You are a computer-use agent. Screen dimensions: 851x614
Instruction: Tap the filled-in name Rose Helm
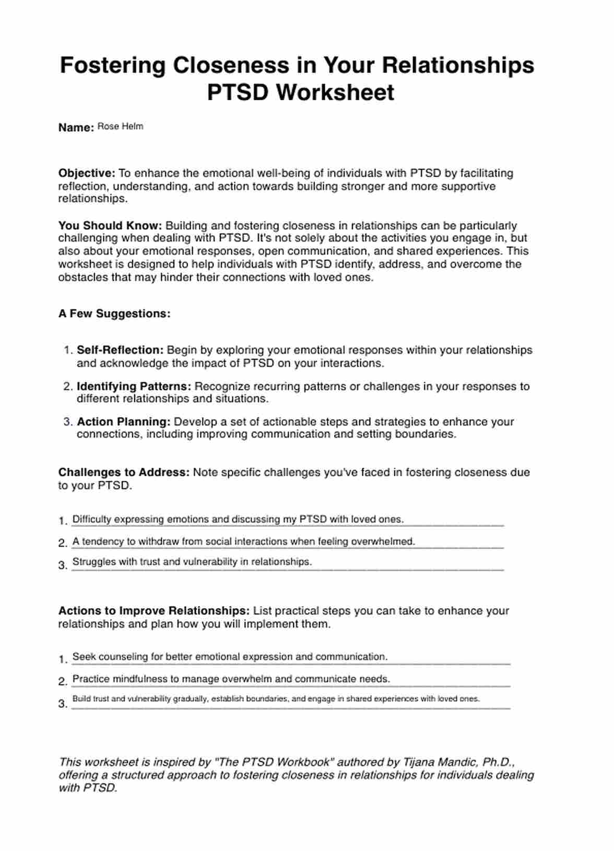[120, 126]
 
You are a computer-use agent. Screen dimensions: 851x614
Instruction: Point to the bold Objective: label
[87, 173]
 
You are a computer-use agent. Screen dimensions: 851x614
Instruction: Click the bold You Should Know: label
[110, 226]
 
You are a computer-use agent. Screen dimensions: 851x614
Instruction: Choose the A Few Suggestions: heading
[114, 314]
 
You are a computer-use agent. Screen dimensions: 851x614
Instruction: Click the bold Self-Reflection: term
[120, 350]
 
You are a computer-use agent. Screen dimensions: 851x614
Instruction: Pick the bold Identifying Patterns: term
[134, 387]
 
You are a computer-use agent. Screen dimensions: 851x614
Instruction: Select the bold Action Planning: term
[124, 422]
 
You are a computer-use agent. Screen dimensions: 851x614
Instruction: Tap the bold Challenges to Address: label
[124, 472]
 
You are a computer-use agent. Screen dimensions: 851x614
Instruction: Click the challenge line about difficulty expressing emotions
[238, 519]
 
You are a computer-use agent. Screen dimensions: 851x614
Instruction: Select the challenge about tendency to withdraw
[243, 541]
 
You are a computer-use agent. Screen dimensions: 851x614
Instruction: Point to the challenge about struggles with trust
[192, 562]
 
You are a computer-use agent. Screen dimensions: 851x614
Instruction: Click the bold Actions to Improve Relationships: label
[153, 611]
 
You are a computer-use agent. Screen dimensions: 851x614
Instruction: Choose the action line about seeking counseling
[230, 657]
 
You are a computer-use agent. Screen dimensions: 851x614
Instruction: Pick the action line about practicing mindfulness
[231, 679]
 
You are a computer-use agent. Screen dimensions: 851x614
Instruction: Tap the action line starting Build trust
[276, 699]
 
